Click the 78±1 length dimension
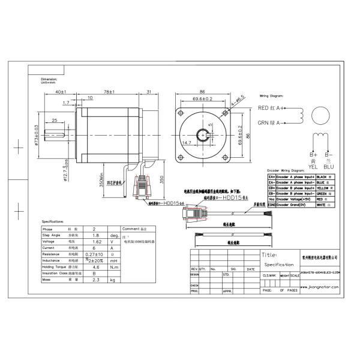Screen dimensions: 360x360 point(110,92)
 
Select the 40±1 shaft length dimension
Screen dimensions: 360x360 point(60,92)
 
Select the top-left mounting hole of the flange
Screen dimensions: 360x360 point(179,112)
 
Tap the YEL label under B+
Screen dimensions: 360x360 point(313,167)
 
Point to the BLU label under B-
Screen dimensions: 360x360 point(329,167)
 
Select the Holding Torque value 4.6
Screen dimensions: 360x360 point(96,267)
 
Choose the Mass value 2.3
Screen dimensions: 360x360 point(96,280)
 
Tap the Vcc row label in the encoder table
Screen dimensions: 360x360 point(271,199)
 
